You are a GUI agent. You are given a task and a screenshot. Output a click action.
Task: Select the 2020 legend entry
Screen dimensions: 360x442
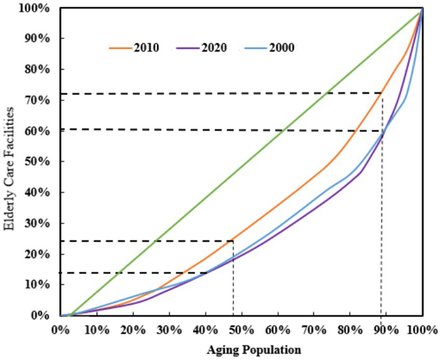202,48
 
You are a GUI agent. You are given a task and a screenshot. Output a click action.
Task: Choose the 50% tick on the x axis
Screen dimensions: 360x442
242,329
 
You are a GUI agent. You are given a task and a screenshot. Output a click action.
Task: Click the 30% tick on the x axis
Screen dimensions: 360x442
169,329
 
